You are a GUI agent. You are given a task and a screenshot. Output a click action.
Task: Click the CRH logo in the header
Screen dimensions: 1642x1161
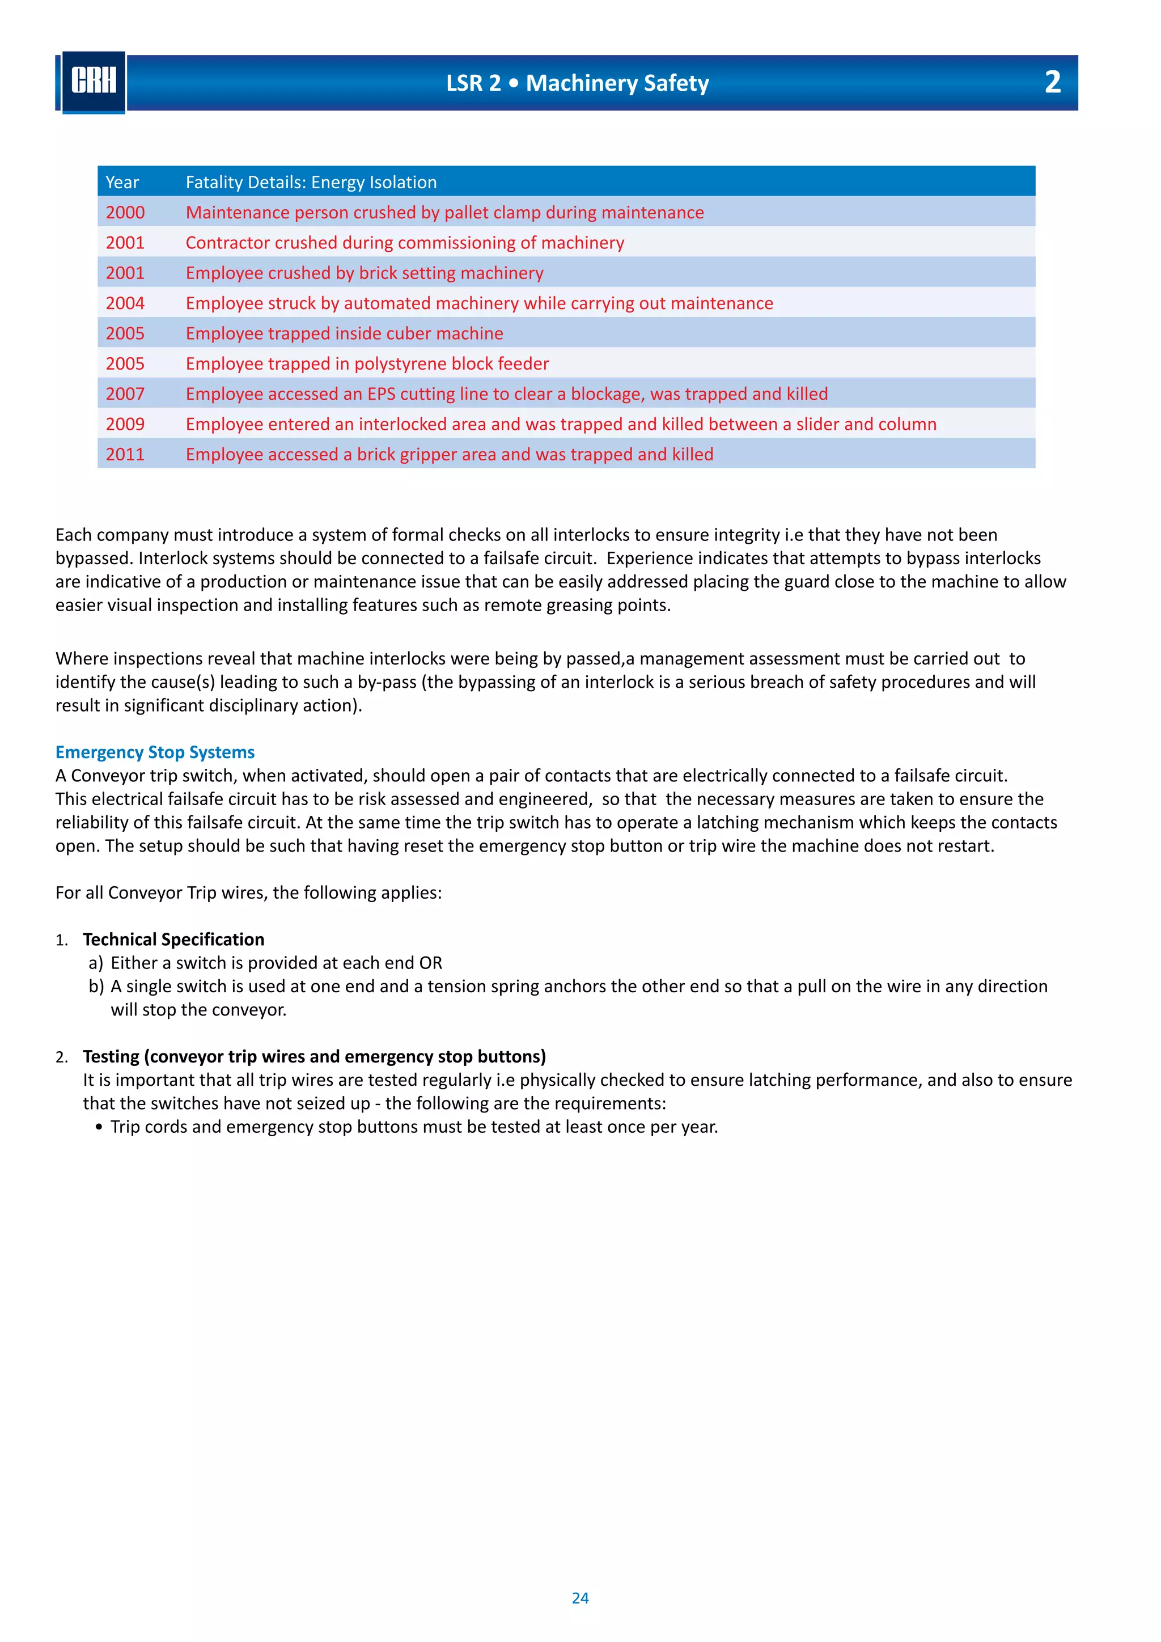(x=94, y=82)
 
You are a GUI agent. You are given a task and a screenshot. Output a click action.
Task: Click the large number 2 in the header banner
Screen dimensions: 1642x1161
(x=1052, y=82)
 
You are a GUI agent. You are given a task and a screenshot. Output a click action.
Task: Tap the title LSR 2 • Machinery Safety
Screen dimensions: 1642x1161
(x=577, y=83)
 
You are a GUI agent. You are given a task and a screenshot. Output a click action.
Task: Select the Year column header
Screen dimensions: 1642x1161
(x=122, y=183)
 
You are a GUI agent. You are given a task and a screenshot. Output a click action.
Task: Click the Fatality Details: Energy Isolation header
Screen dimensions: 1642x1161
(x=311, y=183)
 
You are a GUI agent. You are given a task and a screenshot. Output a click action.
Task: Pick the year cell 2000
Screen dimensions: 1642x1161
(x=125, y=213)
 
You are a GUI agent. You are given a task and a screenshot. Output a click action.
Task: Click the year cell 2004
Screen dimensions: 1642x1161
(x=125, y=303)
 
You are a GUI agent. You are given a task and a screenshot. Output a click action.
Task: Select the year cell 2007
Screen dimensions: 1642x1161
(x=125, y=394)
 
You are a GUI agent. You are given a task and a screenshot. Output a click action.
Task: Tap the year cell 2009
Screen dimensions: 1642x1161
(x=125, y=424)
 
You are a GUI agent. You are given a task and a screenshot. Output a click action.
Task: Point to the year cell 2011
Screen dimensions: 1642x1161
(x=125, y=454)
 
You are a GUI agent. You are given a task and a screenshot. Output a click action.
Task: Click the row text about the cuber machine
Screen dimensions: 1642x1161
(x=344, y=333)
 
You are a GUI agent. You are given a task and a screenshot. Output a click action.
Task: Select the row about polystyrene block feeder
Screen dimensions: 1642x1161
(x=367, y=363)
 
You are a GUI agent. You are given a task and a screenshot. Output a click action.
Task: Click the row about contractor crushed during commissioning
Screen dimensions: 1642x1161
(x=405, y=243)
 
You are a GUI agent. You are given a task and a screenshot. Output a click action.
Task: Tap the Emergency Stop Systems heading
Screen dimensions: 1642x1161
(x=155, y=752)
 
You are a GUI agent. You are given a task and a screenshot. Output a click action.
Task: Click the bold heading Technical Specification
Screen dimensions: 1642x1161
(x=173, y=939)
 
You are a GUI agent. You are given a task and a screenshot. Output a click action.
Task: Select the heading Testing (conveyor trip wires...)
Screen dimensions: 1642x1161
(x=314, y=1056)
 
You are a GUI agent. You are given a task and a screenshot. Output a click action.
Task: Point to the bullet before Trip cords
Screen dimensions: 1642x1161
(x=99, y=1127)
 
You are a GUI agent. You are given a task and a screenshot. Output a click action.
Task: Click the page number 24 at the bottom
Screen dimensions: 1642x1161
(x=580, y=1598)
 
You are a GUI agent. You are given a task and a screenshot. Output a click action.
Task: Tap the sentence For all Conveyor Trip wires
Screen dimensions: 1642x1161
(x=249, y=892)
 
